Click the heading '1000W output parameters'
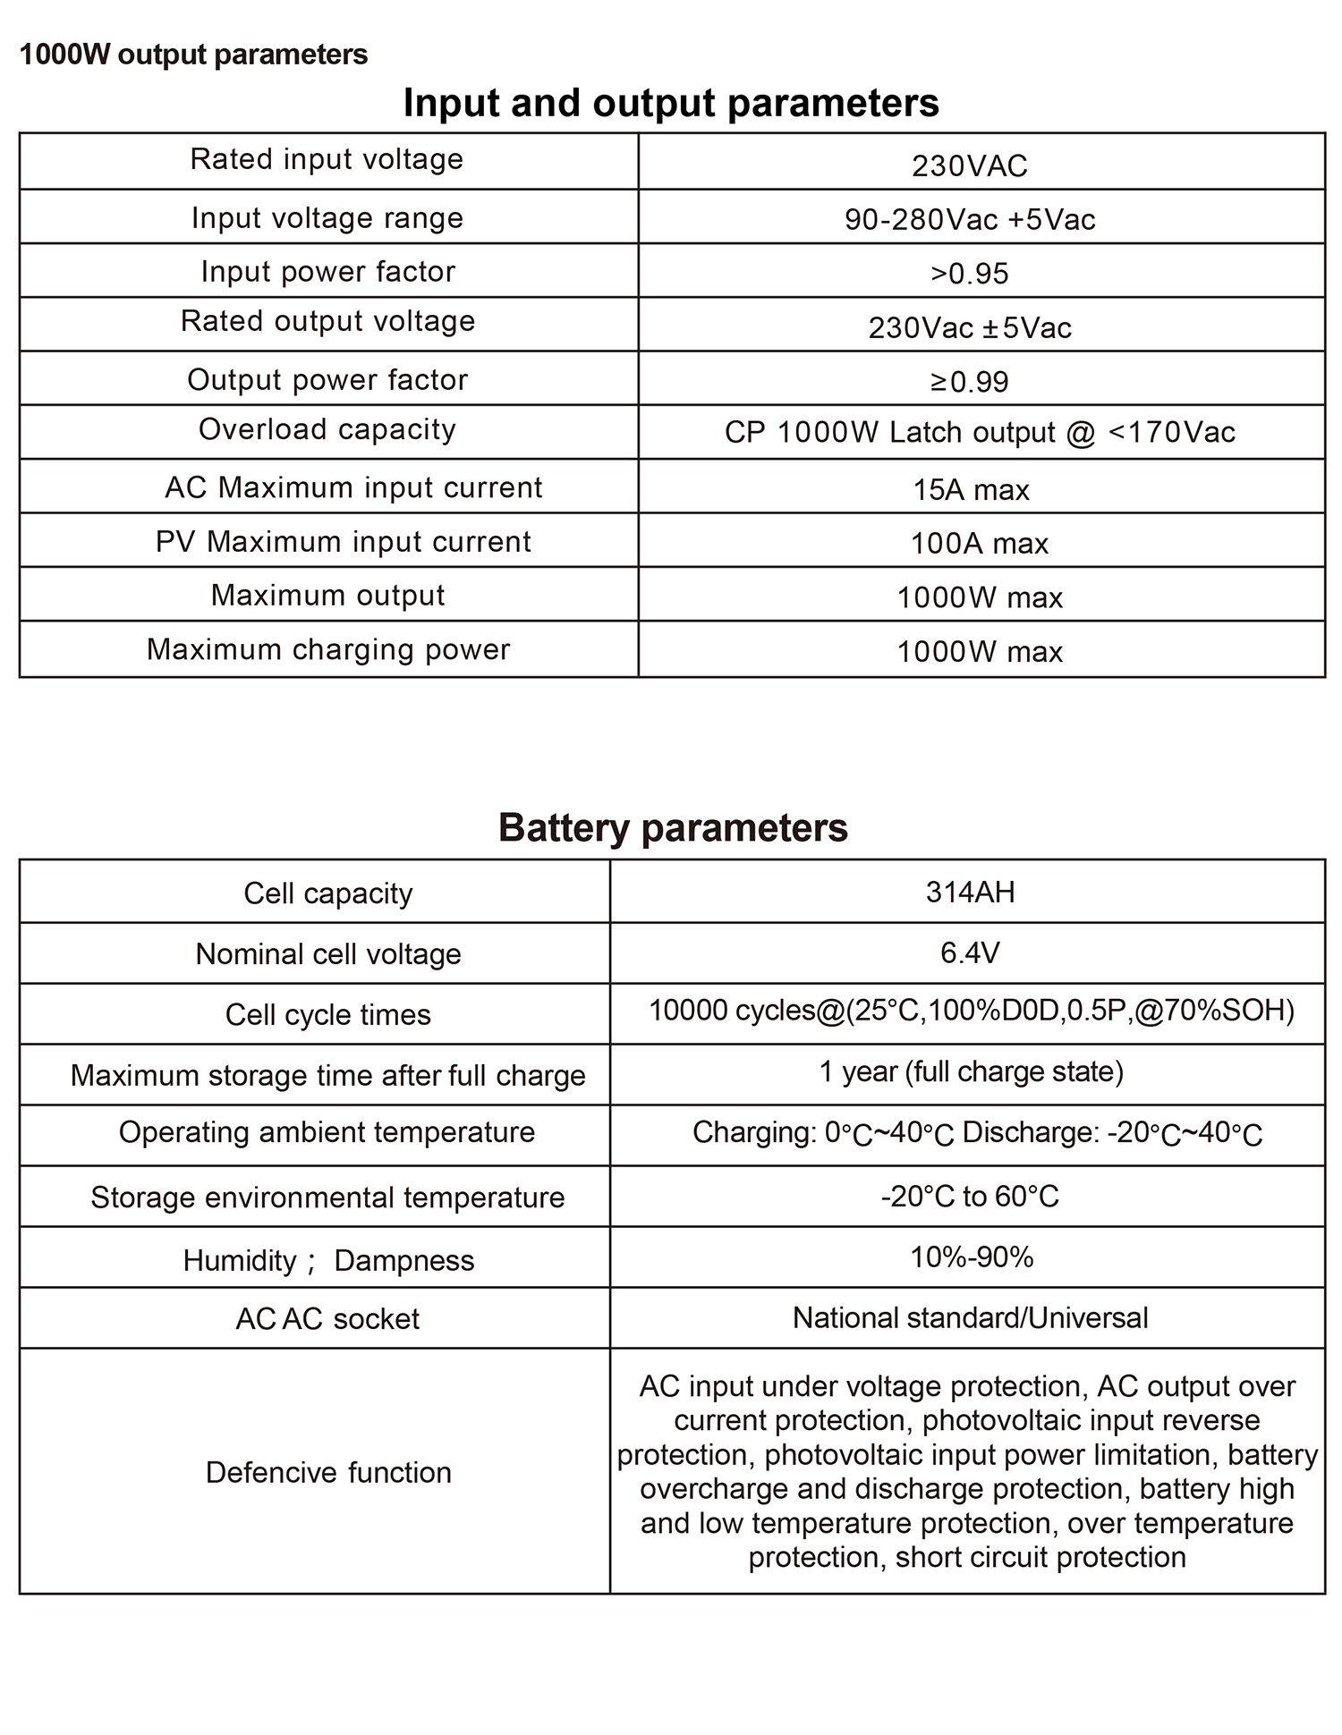point(193,55)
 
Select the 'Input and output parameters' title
point(671,103)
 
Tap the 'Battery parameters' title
point(673,827)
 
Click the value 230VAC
point(970,165)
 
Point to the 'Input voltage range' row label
point(327,218)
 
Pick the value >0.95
point(970,274)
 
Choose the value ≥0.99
point(970,382)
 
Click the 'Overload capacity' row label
point(327,429)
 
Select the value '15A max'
point(972,490)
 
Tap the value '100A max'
point(980,544)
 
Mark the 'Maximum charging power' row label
point(328,649)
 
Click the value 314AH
point(971,893)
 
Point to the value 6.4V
point(970,952)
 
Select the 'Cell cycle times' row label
point(328,1015)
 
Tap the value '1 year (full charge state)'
point(971,1071)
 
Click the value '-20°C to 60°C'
point(970,1197)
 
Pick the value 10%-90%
point(972,1257)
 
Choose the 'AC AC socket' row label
point(327,1319)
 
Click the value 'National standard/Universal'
point(970,1318)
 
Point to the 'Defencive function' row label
point(328,1473)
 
